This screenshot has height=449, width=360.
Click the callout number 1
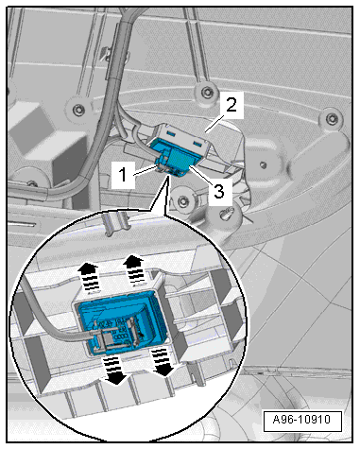[x=123, y=175]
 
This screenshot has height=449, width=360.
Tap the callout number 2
[x=231, y=105]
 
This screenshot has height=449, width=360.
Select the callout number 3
[x=219, y=191]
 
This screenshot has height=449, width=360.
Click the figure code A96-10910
[x=301, y=420]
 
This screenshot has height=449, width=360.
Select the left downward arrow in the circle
[x=114, y=370]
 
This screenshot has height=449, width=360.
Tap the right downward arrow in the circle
[x=163, y=362]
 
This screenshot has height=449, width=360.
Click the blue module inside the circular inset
[x=123, y=324]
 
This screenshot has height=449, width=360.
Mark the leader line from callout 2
[x=214, y=124]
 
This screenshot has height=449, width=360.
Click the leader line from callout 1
[x=145, y=171]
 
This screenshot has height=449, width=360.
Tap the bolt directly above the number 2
[x=206, y=92]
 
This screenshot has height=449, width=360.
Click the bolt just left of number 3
[x=183, y=200]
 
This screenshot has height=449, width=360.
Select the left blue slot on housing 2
[x=172, y=134]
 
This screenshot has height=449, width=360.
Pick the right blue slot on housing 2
[x=197, y=145]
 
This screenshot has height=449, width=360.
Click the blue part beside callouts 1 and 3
[x=172, y=158]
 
